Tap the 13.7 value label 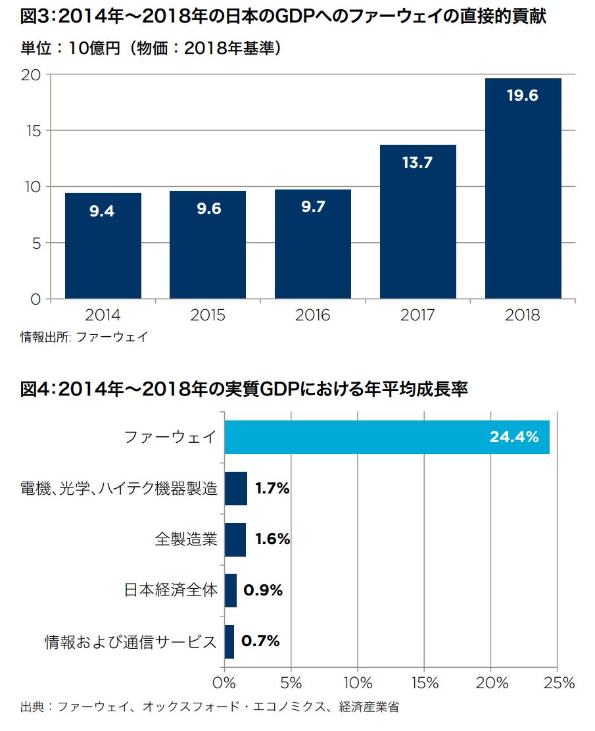(417, 163)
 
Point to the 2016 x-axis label (313, 315)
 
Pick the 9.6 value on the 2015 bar (208, 209)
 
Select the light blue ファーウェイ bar (387, 437)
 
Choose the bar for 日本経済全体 (230, 590)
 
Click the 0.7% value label (260, 641)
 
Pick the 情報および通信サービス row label (130, 642)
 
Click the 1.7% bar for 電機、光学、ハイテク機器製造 (235, 489)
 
